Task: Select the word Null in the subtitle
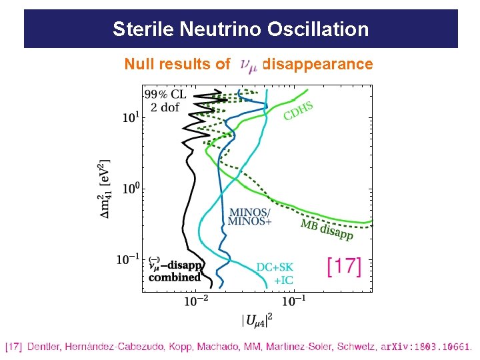141,64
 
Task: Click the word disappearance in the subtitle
318,64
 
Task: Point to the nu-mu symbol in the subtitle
247,65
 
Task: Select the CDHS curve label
298,110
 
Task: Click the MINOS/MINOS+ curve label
250,217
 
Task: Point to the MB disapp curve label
327,229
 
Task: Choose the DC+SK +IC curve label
275,273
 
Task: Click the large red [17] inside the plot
343,267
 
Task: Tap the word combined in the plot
175,277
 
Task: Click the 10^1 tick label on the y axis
131,118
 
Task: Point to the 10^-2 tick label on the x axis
195,301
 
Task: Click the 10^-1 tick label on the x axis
293,301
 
